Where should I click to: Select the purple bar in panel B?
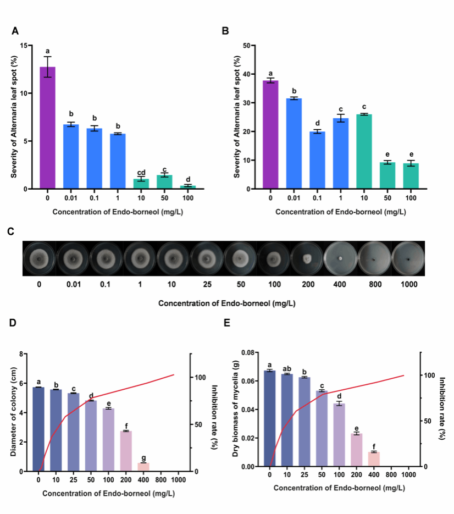click(270, 135)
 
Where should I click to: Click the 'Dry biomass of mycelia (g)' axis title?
click(235, 410)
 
